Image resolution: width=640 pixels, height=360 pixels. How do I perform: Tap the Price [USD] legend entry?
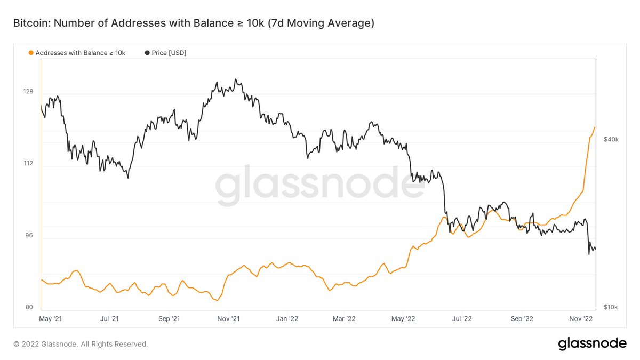tap(165, 52)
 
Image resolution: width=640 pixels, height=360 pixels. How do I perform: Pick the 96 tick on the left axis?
tap(28, 236)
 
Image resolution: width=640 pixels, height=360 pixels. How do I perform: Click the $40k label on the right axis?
tap(611, 140)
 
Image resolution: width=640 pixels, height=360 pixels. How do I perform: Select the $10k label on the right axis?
tap(611, 308)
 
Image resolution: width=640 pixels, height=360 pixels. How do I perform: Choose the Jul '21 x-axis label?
tap(109, 319)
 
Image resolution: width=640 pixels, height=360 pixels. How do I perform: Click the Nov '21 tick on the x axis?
tap(228, 319)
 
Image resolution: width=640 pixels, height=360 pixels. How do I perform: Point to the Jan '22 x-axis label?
tap(287, 319)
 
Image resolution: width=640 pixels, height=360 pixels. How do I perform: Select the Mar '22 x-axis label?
tap(344, 319)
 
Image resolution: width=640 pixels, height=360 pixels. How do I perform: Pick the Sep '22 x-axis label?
tap(522, 319)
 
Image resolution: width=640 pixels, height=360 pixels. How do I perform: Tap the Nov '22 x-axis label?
tap(581, 319)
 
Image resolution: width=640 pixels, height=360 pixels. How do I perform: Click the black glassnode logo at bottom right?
tap(592, 344)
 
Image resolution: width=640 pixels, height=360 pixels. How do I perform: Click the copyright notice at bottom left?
tap(81, 344)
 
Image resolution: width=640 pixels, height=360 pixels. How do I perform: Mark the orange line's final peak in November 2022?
tap(595, 127)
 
